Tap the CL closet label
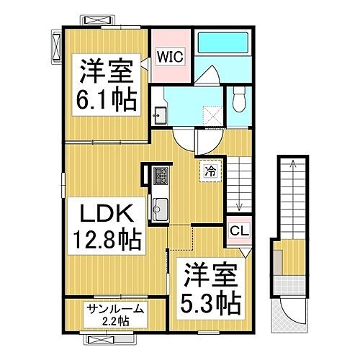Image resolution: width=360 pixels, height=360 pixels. pos(236,231)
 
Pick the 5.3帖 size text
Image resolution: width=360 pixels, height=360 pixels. pos(210,298)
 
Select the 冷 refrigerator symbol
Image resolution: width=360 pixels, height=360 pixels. pos(211,171)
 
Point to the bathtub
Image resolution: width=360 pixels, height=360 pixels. pos(222,50)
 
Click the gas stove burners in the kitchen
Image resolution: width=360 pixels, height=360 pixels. pos(161,174)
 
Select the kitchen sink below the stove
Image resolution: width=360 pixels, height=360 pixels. pos(160,209)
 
